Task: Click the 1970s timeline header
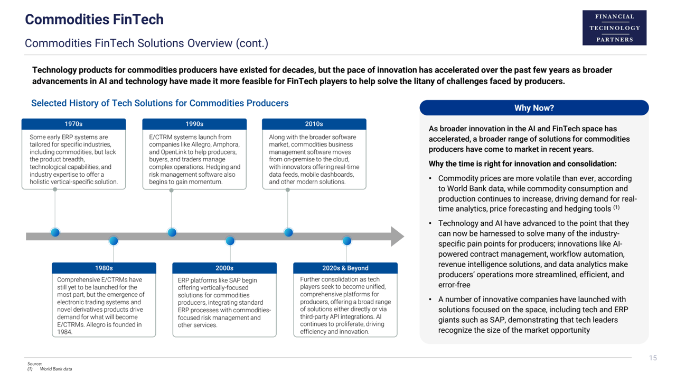click(73, 124)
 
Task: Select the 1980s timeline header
click(104, 268)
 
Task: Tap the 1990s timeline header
click(194, 124)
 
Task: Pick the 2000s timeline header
click(224, 268)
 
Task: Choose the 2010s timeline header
click(314, 124)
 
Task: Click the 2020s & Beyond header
click(345, 268)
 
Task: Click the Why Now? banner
click(534, 108)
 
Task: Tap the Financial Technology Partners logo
click(614, 28)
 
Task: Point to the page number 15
click(653, 358)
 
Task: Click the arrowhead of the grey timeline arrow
click(397, 237)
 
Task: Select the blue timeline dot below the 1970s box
click(55, 232)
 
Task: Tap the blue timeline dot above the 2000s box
click(230, 241)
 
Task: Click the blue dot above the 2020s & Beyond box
click(346, 241)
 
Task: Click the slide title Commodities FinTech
click(94, 20)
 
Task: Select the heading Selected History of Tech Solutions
click(159, 103)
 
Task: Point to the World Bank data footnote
click(56, 369)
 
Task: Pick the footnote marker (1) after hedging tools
click(616, 208)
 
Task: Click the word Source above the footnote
click(34, 364)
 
